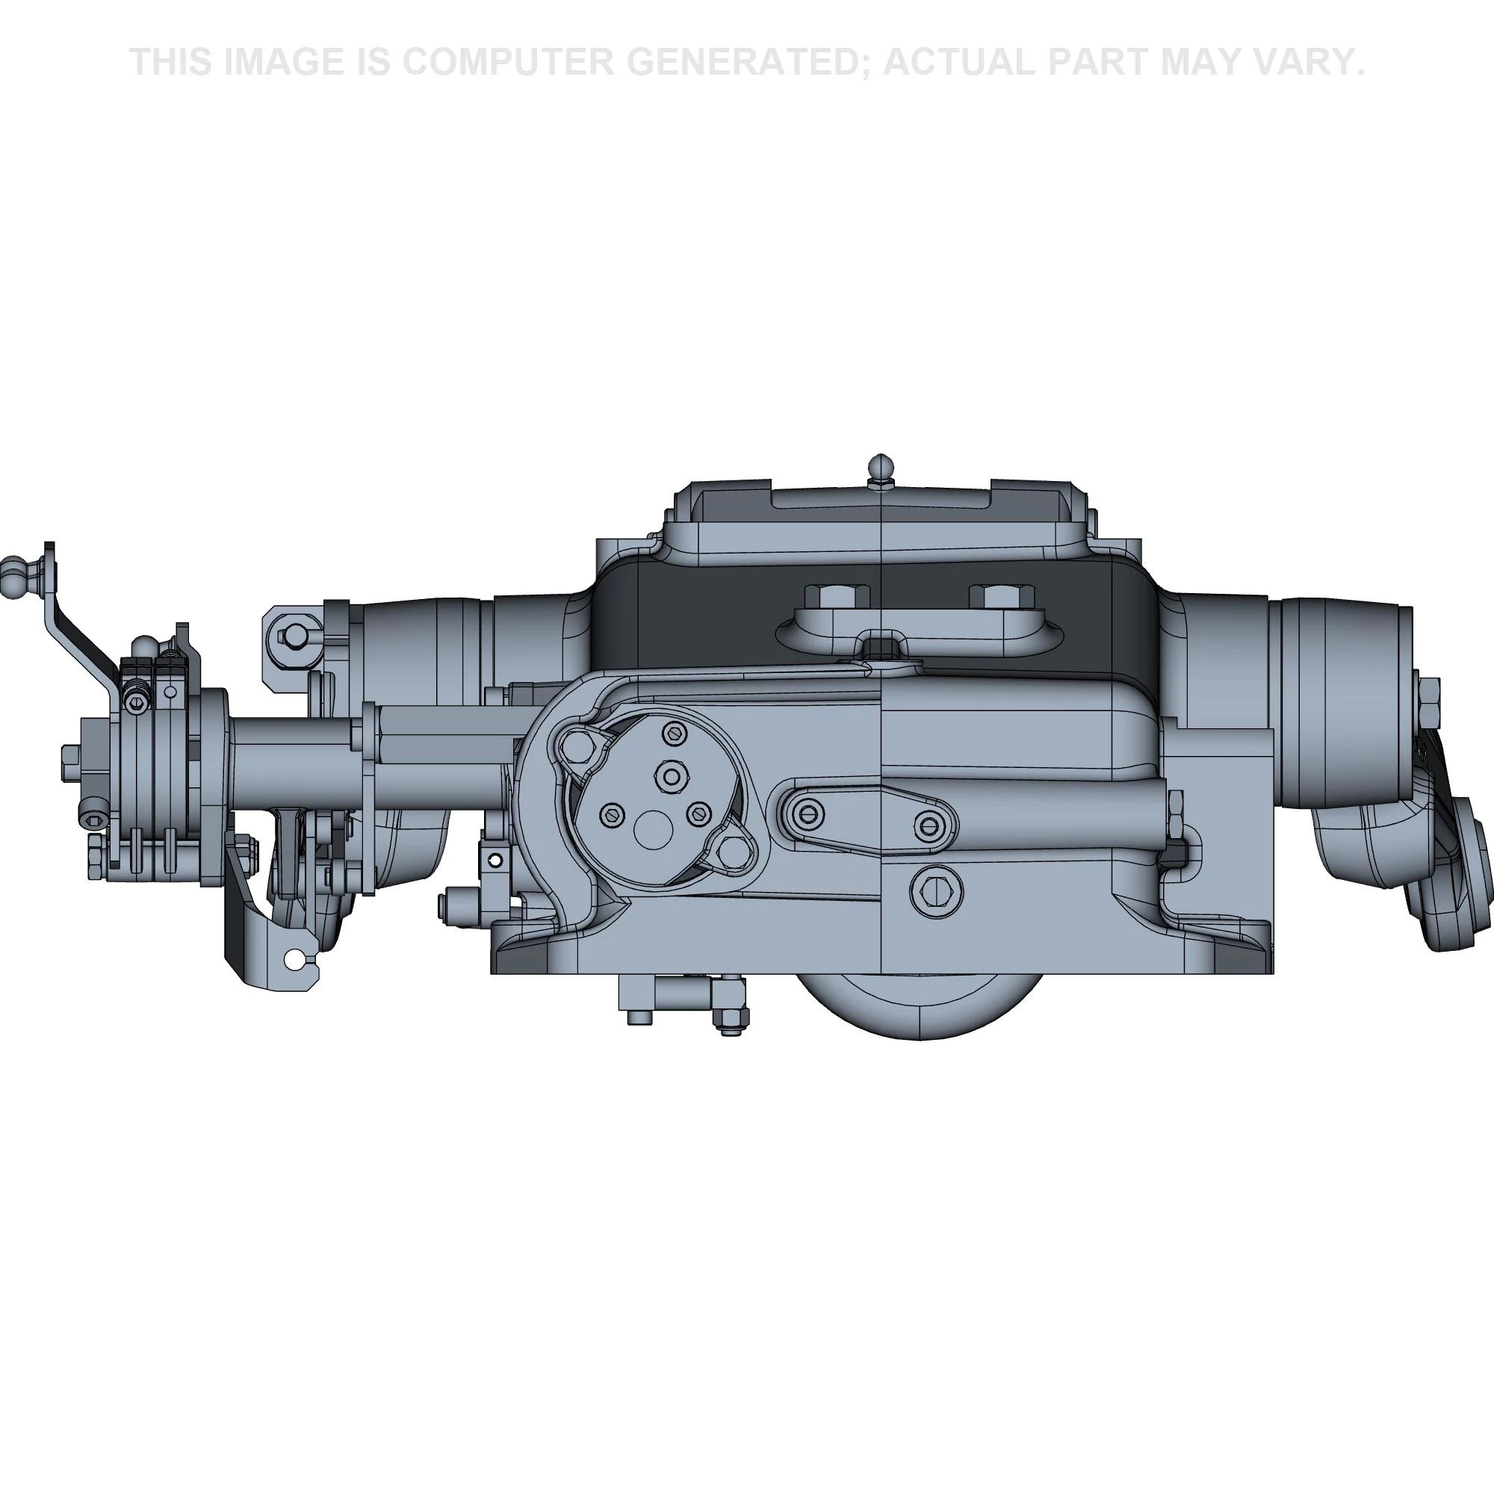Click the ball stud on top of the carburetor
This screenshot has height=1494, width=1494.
[x=882, y=468]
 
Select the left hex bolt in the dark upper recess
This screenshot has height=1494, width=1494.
[x=837, y=597]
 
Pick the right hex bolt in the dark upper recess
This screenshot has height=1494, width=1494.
[x=1001, y=597]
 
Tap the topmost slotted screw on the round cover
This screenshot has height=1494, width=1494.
[x=675, y=732]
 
